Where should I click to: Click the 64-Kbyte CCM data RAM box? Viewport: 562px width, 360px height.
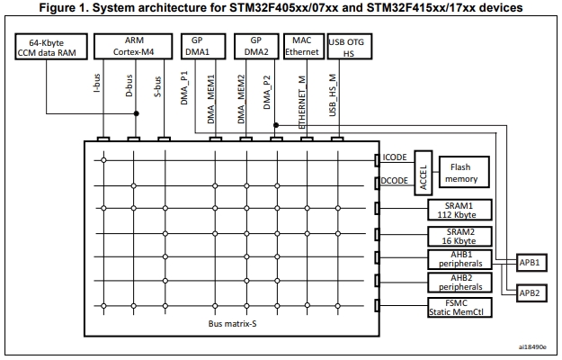pyautogui.click(x=51, y=47)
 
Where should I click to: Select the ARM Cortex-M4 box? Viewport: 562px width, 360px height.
pyautogui.click(x=133, y=46)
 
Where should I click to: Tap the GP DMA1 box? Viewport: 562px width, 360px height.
pyautogui.click(x=203, y=46)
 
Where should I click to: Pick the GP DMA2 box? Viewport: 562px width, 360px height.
pyautogui.click(x=256, y=46)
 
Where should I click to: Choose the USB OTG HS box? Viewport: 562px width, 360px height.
pyautogui.click(x=350, y=47)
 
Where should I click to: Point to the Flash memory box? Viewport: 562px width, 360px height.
pyautogui.click(x=464, y=172)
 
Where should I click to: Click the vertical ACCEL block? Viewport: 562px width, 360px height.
pyautogui.click(x=424, y=173)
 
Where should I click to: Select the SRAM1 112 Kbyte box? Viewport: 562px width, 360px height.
pyautogui.click(x=459, y=210)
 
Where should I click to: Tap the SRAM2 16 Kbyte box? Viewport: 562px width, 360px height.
pyautogui.click(x=459, y=237)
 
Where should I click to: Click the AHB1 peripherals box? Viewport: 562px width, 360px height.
pyautogui.click(x=459, y=259)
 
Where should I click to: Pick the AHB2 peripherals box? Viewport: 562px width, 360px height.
pyautogui.click(x=459, y=283)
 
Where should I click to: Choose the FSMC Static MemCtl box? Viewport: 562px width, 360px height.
pyautogui.click(x=459, y=307)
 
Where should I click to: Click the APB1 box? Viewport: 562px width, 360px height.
pyautogui.click(x=531, y=263)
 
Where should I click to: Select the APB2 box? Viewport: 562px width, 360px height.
pyautogui.click(x=531, y=292)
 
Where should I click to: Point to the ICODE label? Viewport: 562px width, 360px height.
pyautogui.click(x=395, y=157)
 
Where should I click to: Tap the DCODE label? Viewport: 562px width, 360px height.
pyautogui.click(x=394, y=181)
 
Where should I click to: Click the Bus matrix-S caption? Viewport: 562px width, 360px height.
pyautogui.click(x=232, y=324)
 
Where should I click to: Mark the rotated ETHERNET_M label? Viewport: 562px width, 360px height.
pyautogui.click(x=302, y=103)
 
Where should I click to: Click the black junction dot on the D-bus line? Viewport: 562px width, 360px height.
pyautogui.click(x=136, y=113)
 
